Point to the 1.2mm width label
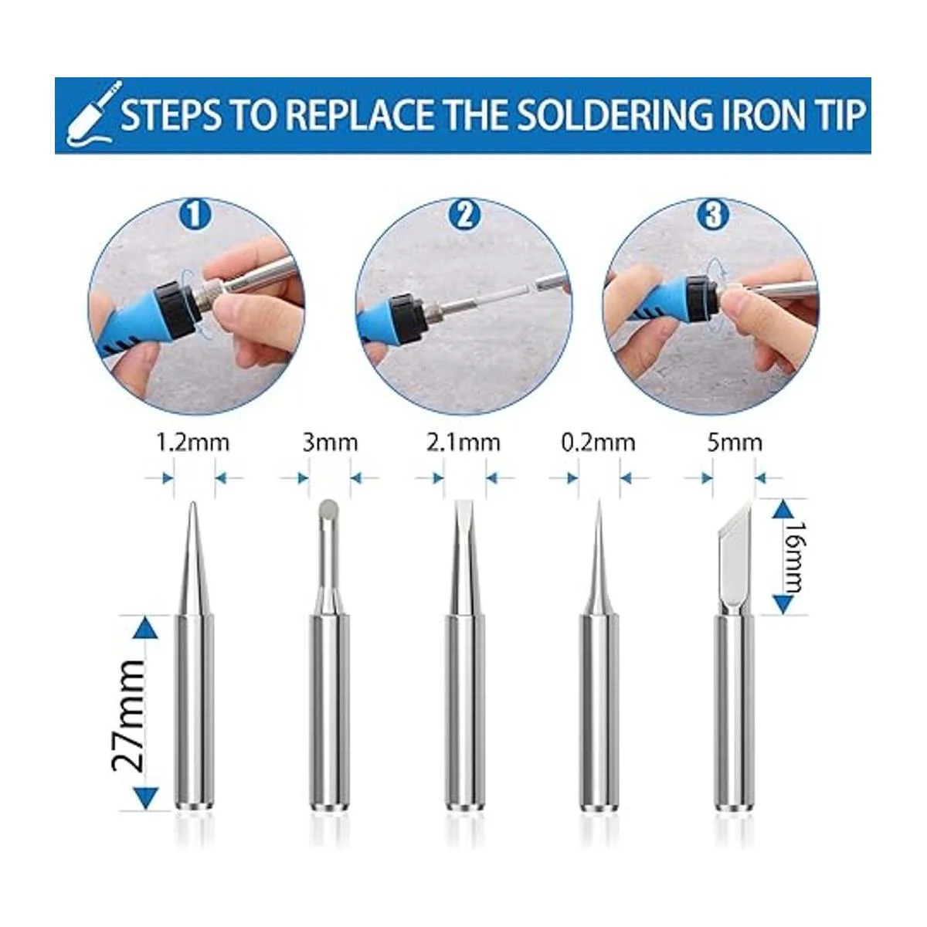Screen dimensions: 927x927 tap(193, 443)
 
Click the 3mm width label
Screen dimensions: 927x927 tap(330, 443)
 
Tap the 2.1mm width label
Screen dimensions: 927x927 tap(463, 443)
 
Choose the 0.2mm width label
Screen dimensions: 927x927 tap(598, 443)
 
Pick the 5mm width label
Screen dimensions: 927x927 tap(734, 443)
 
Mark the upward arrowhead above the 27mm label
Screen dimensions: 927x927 tap(148, 628)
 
